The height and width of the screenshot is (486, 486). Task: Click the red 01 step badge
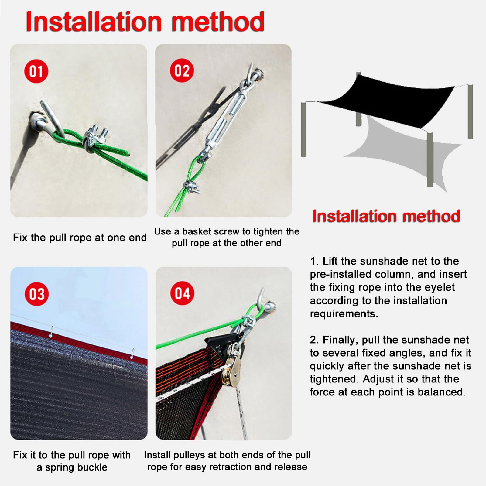[36, 71]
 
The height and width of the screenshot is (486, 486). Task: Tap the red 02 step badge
[182, 71]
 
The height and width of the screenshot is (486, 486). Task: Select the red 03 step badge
[37, 294]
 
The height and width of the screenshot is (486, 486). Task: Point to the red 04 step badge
[182, 293]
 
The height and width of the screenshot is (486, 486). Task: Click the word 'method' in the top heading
[218, 22]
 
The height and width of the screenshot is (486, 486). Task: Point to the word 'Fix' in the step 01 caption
[20, 238]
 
